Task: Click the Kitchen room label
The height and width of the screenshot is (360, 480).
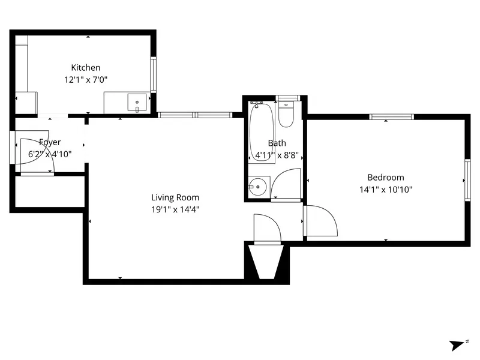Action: [86, 68]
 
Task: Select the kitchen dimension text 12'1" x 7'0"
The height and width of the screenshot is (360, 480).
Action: [86, 79]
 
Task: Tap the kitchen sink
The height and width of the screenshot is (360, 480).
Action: [137, 103]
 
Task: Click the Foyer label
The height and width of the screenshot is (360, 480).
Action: [50, 142]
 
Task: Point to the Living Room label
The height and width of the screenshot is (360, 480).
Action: [175, 197]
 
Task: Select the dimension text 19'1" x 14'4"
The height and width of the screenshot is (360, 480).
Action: [175, 209]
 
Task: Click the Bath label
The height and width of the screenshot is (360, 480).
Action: [277, 143]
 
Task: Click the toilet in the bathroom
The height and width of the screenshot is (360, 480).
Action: [286, 113]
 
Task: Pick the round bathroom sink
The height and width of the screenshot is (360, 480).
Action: [259, 187]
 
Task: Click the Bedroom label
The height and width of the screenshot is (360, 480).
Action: [385, 178]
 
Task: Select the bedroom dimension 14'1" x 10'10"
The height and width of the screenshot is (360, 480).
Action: [385, 190]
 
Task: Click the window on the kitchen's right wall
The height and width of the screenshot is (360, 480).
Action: [154, 74]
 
